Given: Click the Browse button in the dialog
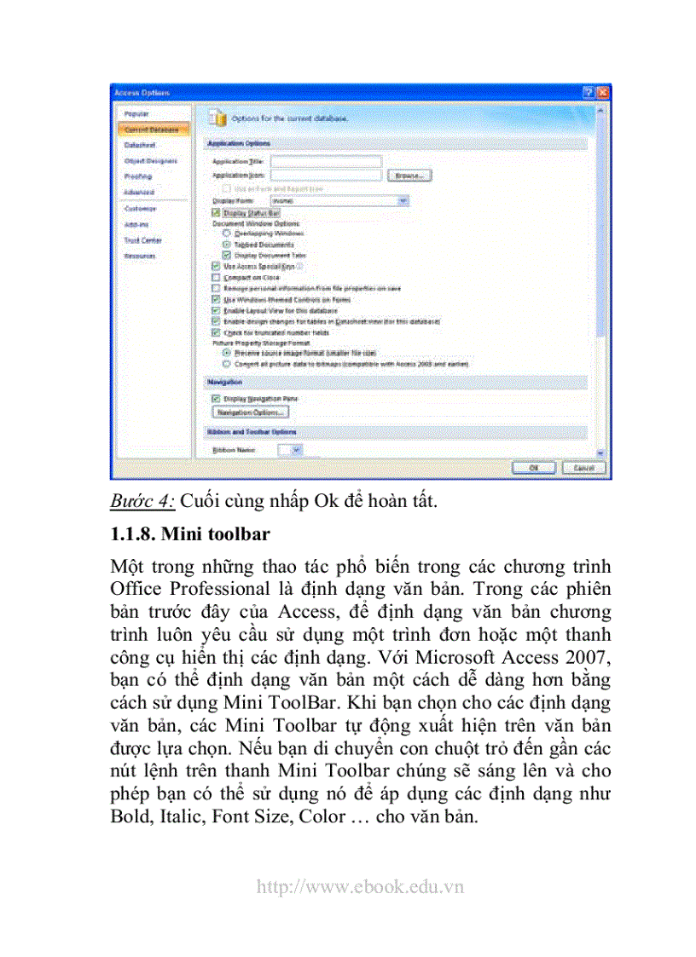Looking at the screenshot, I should pyautogui.click(x=409, y=176).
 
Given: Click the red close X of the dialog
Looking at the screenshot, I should pyautogui.click(x=602, y=93).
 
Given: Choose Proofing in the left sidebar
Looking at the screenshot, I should pyautogui.click(x=137, y=176).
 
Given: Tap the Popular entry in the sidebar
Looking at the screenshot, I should pyautogui.click(x=136, y=113).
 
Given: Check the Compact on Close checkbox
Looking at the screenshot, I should pyautogui.click(x=216, y=278).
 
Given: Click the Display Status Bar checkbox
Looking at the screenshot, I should pyautogui.click(x=216, y=211).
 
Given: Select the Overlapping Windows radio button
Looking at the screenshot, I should pyautogui.click(x=226, y=233).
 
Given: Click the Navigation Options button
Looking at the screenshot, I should pyautogui.click(x=251, y=412).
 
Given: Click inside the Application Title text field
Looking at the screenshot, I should pyautogui.click(x=325, y=160).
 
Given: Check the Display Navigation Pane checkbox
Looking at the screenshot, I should pyautogui.click(x=216, y=398).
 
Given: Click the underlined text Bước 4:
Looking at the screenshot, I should pyautogui.click(x=142, y=501).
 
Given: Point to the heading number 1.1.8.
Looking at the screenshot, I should pyautogui.click(x=133, y=535).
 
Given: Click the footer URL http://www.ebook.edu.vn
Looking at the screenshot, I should pyautogui.click(x=359, y=886).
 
